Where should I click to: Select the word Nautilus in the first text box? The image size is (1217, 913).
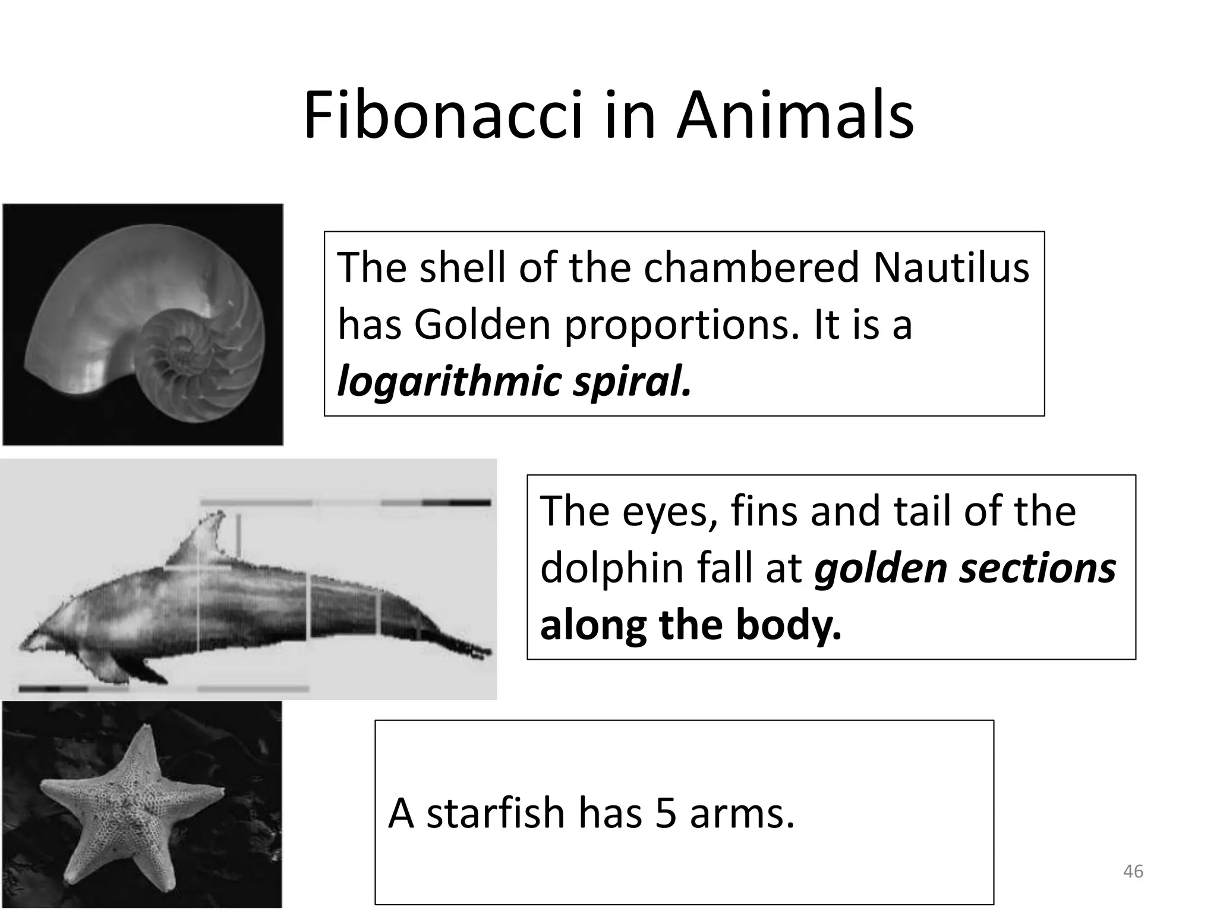point(951,267)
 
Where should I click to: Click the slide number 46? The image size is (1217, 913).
point(1133,871)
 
